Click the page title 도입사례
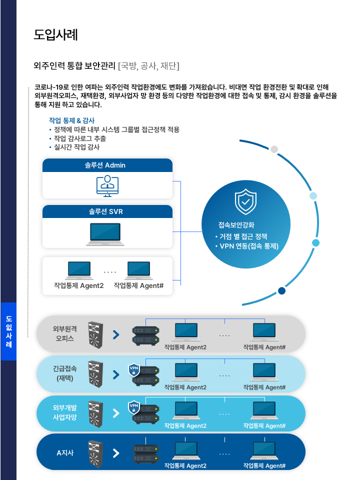click(x=55, y=35)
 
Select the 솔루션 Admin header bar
click(x=107, y=165)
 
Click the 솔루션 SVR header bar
click(x=107, y=211)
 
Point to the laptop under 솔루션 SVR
click(x=107, y=233)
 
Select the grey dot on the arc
click(x=274, y=149)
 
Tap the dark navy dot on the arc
click(x=282, y=291)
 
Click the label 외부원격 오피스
click(x=64, y=333)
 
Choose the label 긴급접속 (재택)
click(x=64, y=373)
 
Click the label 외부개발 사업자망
click(x=64, y=413)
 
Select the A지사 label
click(x=65, y=453)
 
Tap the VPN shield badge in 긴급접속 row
click(x=133, y=369)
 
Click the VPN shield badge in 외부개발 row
click(x=133, y=407)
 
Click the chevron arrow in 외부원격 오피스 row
click(x=116, y=334)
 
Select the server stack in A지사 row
click(x=146, y=453)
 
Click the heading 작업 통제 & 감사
click(x=71, y=120)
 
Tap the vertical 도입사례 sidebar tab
click(x=8, y=331)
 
